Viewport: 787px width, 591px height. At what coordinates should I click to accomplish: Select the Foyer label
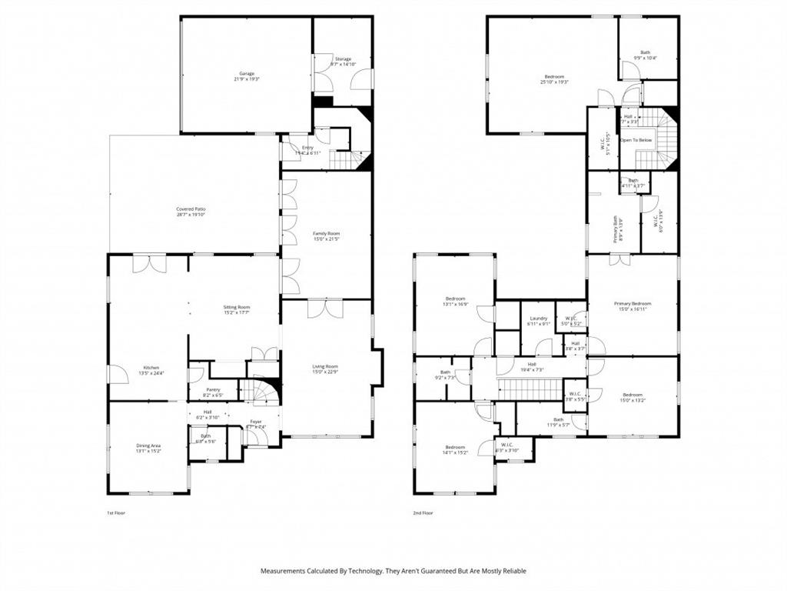(255, 422)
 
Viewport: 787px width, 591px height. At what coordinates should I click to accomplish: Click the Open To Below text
(636, 140)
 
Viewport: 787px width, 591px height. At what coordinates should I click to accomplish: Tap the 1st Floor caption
(115, 512)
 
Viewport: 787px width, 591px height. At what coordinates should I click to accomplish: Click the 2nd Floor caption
(423, 512)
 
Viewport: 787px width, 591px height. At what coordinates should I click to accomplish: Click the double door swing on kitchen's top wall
(149, 264)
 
